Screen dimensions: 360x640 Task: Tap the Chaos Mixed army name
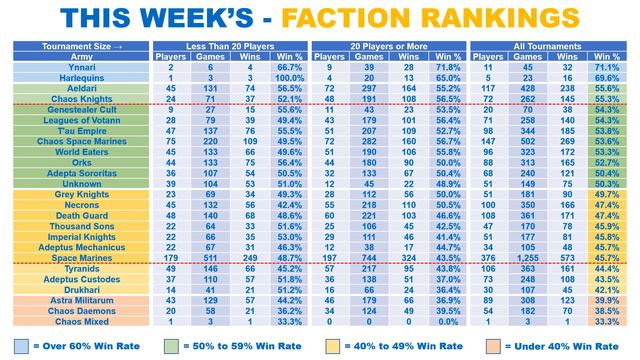pos(83,321)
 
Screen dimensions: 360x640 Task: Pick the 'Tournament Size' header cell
pos(83,47)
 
